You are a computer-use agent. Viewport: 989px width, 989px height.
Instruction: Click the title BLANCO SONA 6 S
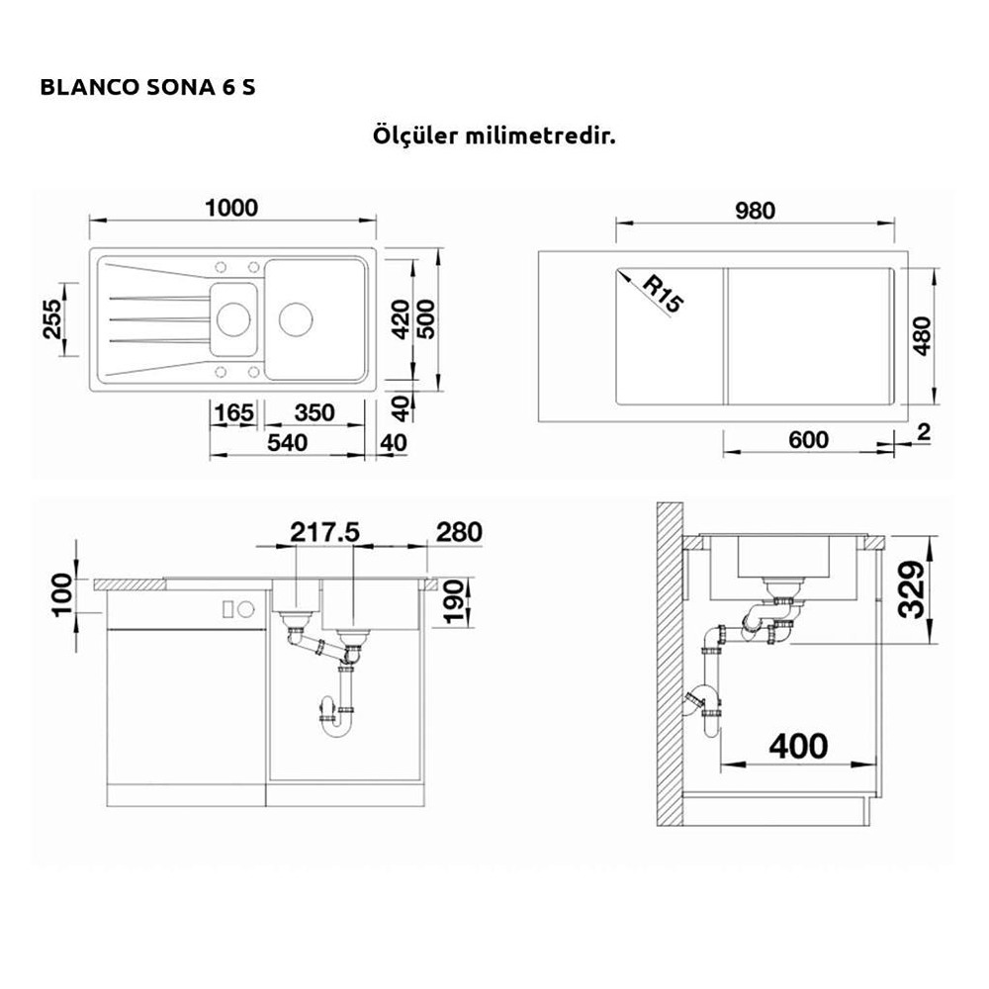pyautogui.click(x=147, y=87)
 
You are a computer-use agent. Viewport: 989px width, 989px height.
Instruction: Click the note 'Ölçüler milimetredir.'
pyautogui.click(x=494, y=135)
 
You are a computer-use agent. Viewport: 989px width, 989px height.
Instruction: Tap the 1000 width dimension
pyautogui.click(x=232, y=208)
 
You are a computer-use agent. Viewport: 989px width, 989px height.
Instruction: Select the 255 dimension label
pyautogui.click(x=53, y=318)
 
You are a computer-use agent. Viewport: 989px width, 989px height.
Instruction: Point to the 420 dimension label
pyautogui.click(x=402, y=318)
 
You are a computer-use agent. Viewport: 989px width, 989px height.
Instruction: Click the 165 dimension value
pyautogui.click(x=234, y=413)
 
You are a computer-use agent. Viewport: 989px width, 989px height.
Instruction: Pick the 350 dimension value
pyautogui.click(x=315, y=413)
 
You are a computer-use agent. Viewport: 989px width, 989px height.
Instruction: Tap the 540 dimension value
pyautogui.click(x=287, y=443)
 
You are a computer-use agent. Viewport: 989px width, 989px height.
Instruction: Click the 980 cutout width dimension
pyautogui.click(x=755, y=211)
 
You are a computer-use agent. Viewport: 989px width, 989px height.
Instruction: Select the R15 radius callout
pyautogui.click(x=663, y=294)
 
